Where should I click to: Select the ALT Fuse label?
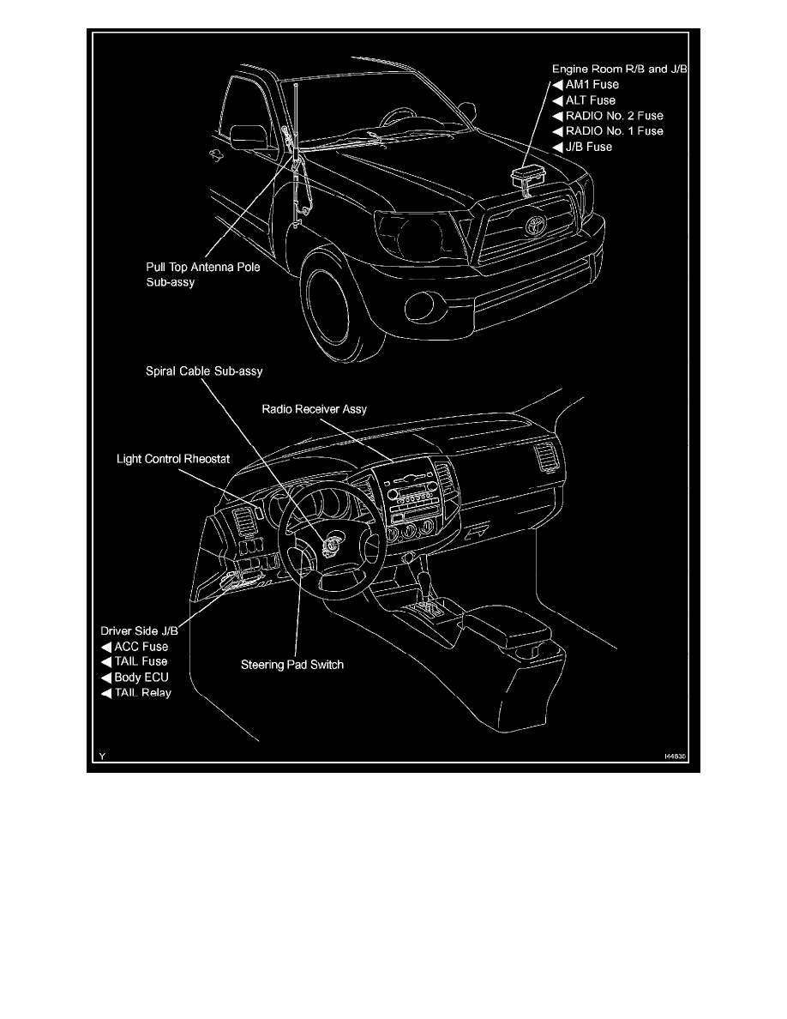coord(591,99)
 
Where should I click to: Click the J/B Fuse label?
coord(588,147)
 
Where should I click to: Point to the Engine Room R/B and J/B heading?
coord(620,68)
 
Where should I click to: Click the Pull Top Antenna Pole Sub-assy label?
coord(203,274)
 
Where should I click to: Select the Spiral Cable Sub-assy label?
coord(203,371)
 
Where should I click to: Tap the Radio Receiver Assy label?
coord(315,409)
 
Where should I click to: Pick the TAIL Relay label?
coord(142,692)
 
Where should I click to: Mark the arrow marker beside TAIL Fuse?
coord(106,662)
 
